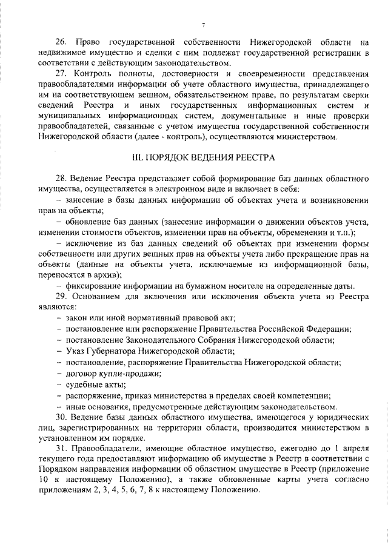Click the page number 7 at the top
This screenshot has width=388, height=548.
(204, 24)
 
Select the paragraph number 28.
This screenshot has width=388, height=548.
(61, 180)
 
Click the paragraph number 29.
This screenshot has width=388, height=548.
(61, 296)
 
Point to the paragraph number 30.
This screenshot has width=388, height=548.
(61, 417)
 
